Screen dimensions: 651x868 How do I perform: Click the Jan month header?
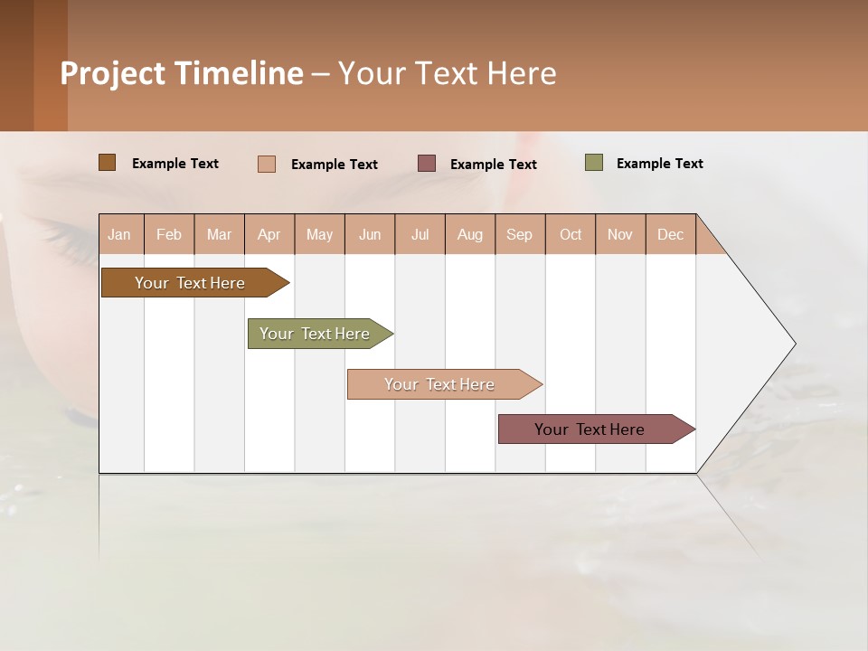pyautogui.click(x=120, y=234)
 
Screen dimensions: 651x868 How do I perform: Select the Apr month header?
pyautogui.click(x=269, y=234)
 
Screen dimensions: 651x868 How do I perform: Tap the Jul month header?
pyautogui.click(x=420, y=234)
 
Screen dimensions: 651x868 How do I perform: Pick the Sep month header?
pyautogui.click(x=520, y=234)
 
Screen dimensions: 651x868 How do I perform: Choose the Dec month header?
pyautogui.click(x=670, y=234)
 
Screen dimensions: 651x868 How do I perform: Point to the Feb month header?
pyautogui.click(x=169, y=234)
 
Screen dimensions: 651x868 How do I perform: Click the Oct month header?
pyautogui.click(x=571, y=234)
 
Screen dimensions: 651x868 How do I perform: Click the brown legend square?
pyautogui.click(x=107, y=163)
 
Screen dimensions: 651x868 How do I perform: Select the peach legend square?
pyautogui.click(x=266, y=164)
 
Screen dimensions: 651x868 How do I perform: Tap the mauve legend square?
pyautogui.click(x=427, y=164)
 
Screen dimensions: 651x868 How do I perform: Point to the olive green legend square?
pyautogui.click(x=593, y=163)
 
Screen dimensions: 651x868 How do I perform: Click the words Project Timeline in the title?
pyautogui.click(x=182, y=73)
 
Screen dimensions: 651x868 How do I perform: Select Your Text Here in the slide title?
pyautogui.click(x=447, y=73)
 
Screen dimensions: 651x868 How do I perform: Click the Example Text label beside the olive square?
pyautogui.click(x=659, y=164)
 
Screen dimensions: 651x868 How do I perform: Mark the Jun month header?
pyautogui.click(x=370, y=234)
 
